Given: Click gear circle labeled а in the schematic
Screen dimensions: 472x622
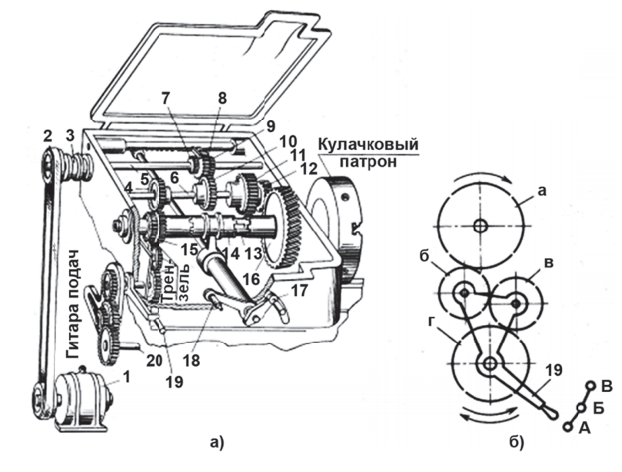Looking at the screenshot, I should (479, 225).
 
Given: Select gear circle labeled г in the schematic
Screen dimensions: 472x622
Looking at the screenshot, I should (490, 364).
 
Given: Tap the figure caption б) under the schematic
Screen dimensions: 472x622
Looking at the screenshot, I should (517, 442).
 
